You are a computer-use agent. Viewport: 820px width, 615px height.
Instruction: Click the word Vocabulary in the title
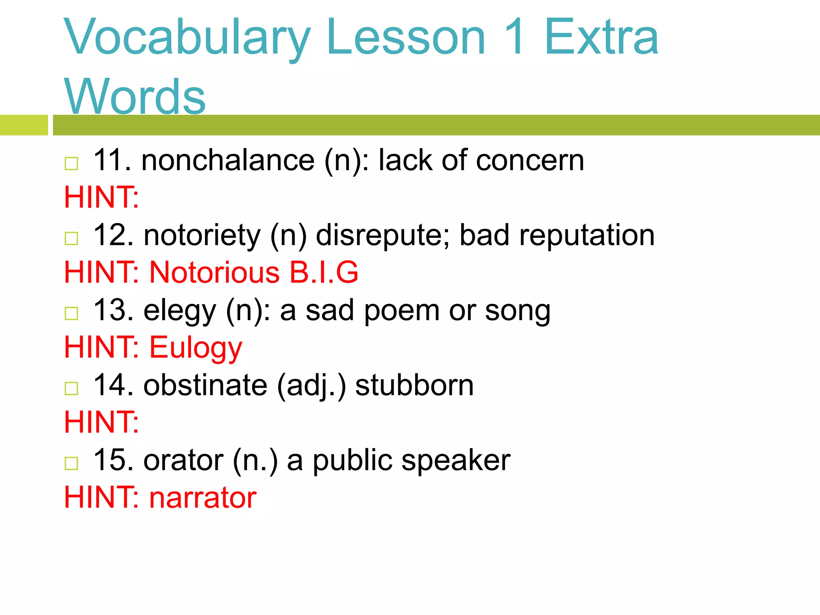[x=187, y=38]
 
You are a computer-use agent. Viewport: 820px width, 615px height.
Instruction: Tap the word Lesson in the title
[x=406, y=38]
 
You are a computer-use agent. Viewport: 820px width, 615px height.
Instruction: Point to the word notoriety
[x=202, y=235]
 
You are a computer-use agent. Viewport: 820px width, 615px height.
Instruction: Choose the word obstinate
[x=205, y=386]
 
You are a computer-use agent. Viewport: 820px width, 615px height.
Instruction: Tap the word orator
[x=183, y=460]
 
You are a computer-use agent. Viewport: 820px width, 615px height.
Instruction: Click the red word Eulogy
[x=196, y=348]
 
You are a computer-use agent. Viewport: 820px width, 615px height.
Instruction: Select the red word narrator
[x=203, y=498]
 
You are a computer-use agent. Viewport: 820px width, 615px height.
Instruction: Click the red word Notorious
[x=214, y=273]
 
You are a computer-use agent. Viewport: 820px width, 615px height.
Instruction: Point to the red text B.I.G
[x=324, y=273]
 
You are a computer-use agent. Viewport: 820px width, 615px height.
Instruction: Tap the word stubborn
[x=414, y=386]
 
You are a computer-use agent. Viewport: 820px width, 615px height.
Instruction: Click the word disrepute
[x=383, y=235]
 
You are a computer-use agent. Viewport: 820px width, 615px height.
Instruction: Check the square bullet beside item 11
[x=71, y=163]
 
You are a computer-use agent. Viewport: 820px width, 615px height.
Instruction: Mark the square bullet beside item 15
[x=71, y=463]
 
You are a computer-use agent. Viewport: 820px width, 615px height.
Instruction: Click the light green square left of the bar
[x=24, y=125]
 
